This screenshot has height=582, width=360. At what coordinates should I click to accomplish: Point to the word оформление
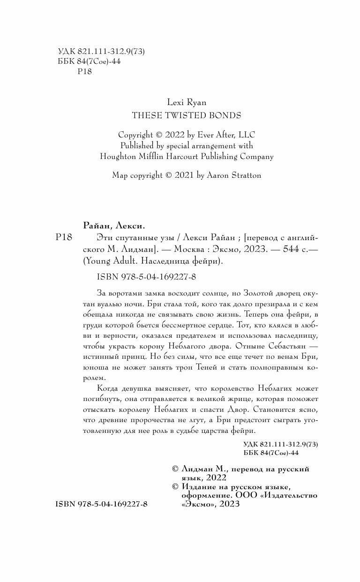tap(204, 495)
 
